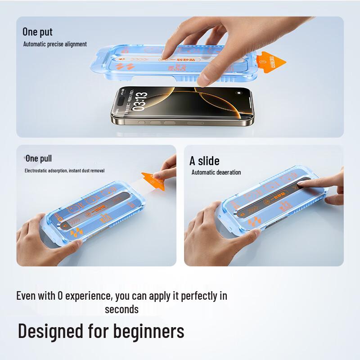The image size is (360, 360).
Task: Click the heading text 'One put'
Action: [37, 32]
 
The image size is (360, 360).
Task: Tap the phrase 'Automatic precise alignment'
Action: [55, 45]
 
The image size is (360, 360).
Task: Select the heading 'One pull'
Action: [38, 158]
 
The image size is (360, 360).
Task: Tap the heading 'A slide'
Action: [204, 161]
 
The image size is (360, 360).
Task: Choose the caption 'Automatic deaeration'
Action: [216, 172]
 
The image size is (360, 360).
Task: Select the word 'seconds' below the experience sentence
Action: [121, 310]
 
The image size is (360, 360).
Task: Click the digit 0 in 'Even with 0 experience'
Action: [60, 296]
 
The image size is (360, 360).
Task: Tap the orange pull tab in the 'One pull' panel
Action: [151, 179]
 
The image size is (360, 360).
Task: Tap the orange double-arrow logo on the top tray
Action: [111, 67]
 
